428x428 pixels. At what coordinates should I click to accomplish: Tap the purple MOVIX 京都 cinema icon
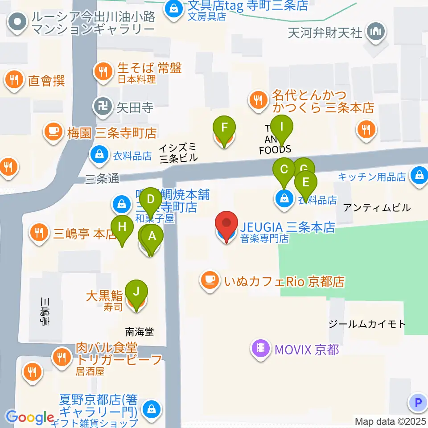coord(261,348)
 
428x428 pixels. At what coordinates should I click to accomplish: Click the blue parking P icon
coord(417,403)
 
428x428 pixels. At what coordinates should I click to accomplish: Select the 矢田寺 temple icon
coord(101,107)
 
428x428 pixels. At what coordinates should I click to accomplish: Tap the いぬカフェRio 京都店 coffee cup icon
coord(210,281)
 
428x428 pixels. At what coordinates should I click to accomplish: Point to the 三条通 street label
coord(103,179)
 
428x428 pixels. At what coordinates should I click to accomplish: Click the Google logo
coord(30,417)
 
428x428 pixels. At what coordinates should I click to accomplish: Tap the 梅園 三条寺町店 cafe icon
coord(53,132)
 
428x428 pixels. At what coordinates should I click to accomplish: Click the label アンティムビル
coord(377,207)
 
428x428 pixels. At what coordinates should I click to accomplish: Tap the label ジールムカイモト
coord(366,324)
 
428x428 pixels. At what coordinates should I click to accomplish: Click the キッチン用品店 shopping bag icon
coord(419,175)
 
